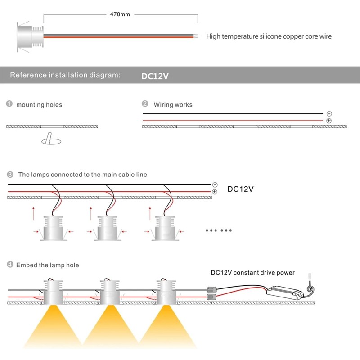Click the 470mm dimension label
coord(120,14)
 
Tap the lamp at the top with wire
coord(30,37)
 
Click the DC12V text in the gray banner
coord(155,76)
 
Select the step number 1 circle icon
coord(9,104)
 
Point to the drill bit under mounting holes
coord(51,139)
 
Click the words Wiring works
coord(173,105)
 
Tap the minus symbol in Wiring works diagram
coord(329,114)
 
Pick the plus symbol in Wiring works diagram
coord(329,121)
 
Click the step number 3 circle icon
coord(10,175)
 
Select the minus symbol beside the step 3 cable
coord(215,185)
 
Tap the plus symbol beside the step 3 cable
coord(215,192)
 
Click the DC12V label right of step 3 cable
coord(240,189)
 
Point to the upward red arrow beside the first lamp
coord(33,214)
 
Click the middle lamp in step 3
coord(108,228)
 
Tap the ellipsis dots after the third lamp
coord(219,230)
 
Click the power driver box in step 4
coord(285,293)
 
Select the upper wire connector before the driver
coord(212,289)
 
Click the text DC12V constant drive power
coord(252,273)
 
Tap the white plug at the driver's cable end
coord(310,277)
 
